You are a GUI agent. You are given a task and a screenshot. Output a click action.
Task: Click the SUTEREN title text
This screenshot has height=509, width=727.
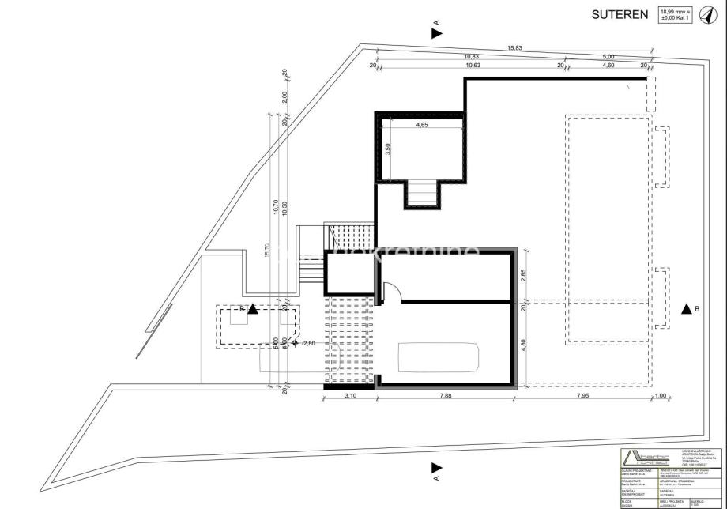tap(620, 14)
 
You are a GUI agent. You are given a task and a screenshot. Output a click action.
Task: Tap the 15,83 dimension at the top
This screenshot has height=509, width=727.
tap(514, 49)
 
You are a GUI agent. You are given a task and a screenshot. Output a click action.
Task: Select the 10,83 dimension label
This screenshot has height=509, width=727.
tap(472, 57)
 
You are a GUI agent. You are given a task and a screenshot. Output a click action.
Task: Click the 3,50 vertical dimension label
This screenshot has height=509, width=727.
tap(388, 149)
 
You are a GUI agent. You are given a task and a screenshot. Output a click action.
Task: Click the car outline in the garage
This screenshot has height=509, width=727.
tap(439, 359)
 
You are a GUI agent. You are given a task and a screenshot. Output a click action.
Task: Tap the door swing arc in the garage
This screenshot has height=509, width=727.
tap(394, 292)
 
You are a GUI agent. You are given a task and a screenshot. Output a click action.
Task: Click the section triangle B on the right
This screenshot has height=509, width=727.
tap(685, 310)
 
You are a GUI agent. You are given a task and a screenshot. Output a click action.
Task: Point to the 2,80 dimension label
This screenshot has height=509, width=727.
tap(308, 343)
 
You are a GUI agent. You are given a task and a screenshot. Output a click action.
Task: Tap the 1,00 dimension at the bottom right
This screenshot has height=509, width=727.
tap(661, 397)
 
